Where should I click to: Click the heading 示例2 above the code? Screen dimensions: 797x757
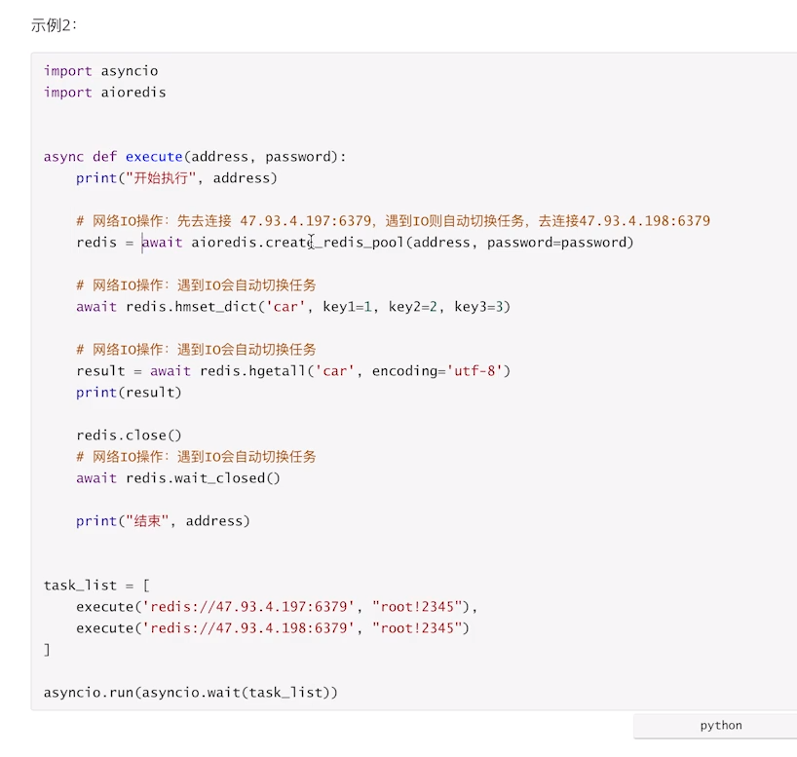[x=53, y=26]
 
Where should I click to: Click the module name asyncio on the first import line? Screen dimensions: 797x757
[x=130, y=71]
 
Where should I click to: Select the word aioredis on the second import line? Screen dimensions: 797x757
[x=133, y=93]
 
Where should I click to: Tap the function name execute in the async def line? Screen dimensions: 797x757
[x=154, y=157]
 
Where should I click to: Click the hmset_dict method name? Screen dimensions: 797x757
[x=216, y=307]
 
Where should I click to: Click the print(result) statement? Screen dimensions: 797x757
[x=129, y=393]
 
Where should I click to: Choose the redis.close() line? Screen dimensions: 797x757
[x=129, y=435]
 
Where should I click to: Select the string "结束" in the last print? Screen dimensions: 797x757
[x=145, y=521]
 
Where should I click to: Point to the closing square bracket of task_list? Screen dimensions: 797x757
[x=47, y=649]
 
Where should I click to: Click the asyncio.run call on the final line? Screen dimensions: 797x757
[x=88, y=693]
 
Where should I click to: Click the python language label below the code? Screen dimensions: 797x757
[x=720, y=726]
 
